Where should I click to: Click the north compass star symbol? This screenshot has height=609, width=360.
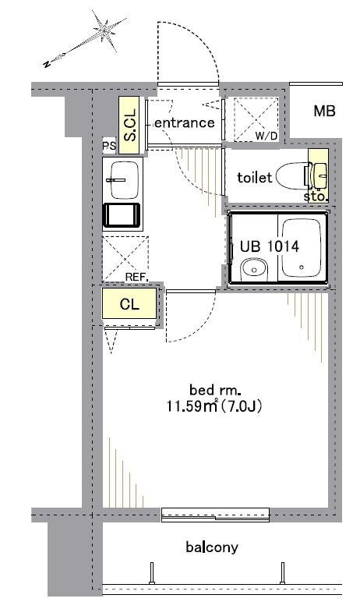(104, 31)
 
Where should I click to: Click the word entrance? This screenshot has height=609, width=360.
(184, 122)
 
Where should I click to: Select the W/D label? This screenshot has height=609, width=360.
(266, 136)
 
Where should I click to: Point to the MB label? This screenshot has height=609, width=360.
(324, 112)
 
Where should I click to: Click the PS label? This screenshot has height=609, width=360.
(109, 146)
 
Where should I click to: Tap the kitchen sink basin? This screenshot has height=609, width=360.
(125, 180)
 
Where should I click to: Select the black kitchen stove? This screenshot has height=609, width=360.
(122, 214)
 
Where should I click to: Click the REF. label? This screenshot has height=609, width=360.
(137, 278)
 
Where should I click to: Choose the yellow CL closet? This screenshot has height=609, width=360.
(129, 303)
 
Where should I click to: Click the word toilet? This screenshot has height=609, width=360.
(255, 178)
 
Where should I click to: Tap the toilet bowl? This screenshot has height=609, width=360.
(291, 176)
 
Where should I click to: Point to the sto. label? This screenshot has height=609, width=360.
(315, 197)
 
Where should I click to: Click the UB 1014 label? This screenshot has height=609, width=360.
(270, 246)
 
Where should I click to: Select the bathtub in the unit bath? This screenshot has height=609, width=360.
(302, 248)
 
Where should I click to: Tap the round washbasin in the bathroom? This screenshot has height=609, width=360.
(254, 269)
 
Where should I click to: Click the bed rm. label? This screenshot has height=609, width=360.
(213, 389)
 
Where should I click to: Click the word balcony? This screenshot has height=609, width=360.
(212, 547)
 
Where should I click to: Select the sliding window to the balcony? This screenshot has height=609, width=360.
(215, 515)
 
